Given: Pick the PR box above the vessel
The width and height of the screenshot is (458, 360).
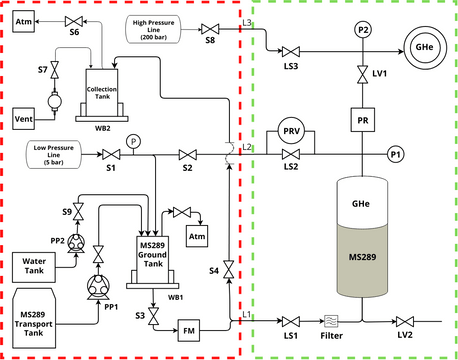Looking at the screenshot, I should [363, 120].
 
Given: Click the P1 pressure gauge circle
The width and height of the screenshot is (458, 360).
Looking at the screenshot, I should [396, 154].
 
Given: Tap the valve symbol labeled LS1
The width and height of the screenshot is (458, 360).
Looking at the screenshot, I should [291, 320].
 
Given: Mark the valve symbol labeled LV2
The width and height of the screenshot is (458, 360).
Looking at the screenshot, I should [405, 320].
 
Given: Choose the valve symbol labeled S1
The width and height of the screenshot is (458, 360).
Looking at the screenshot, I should [110, 154].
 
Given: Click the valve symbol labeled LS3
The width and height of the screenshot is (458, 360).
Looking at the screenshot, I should [291, 51].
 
